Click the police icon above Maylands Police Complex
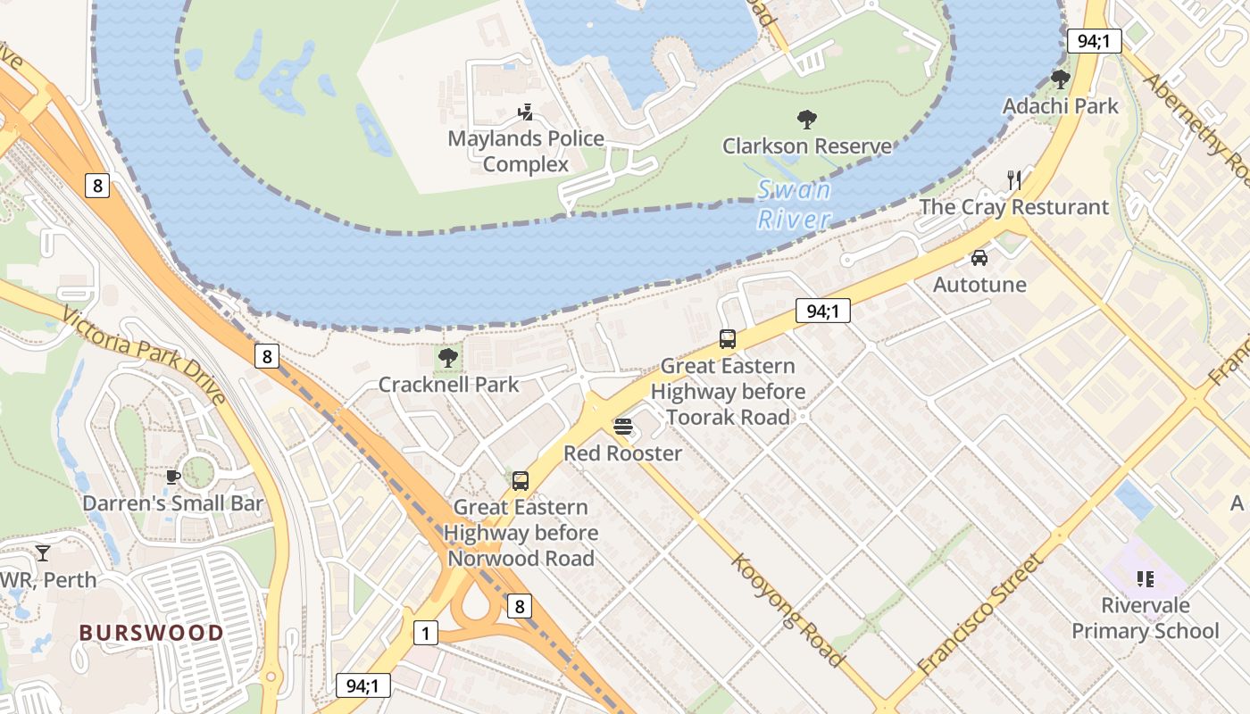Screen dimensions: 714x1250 click(526, 112)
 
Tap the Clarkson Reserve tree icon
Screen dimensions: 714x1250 click(807, 119)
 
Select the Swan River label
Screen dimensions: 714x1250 click(794, 204)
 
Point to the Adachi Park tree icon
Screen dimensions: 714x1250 click(1060, 79)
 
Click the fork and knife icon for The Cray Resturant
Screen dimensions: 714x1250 click(1013, 180)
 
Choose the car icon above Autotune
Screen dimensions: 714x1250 click(979, 258)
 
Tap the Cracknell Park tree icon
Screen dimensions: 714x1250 click(448, 358)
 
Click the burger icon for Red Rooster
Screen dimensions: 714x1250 click(623, 427)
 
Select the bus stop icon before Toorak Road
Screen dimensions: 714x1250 click(728, 339)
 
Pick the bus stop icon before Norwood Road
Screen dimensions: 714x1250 click(521, 480)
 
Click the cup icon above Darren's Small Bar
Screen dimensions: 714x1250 click(173, 477)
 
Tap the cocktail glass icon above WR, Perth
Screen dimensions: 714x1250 click(42, 553)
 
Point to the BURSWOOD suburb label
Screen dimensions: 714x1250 click(152, 633)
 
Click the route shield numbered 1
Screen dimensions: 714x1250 click(426, 634)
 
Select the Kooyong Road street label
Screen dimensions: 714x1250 click(788, 610)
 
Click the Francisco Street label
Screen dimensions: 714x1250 click(980, 613)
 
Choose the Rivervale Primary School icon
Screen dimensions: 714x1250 click(1146, 579)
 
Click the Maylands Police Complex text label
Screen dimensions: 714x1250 click(526, 152)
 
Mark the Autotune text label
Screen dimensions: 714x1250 click(979, 285)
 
